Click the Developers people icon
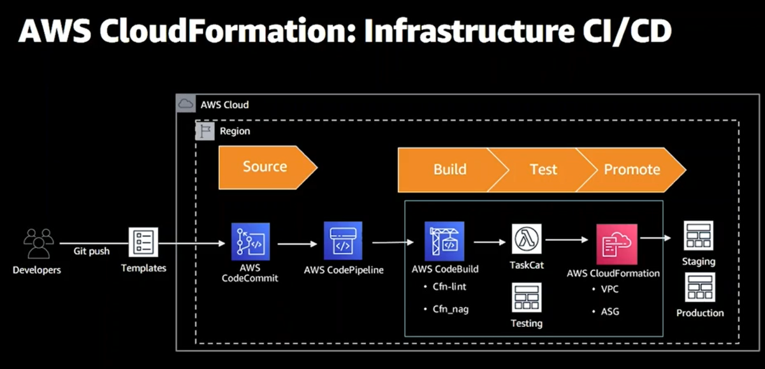pos(39,243)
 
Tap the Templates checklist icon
pos(143,242)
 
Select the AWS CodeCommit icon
pos(251,242)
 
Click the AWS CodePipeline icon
pos(343,241)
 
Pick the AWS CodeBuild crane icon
pos(444,242)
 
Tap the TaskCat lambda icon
pos(527,239)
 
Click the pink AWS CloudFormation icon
pos(617,245)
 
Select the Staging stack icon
pos(699,236)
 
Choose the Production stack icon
pos(700,287)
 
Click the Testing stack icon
pos(527,298)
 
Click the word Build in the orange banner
pos(450,170)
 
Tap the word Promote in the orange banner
pos(632,170)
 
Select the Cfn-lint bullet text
pos(449,286)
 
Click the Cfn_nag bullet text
pos(451,309)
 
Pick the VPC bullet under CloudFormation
pos(609,289)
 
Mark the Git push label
pos(92,251)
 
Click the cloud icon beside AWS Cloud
pos(186,103)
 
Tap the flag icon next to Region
pos(205,131)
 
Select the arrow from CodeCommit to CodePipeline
pos(298,243)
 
